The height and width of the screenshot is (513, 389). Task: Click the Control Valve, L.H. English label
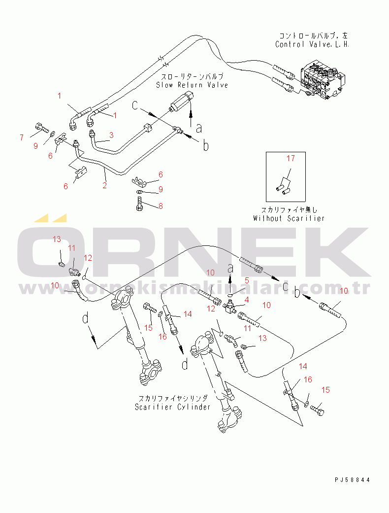click(x=312, y=44)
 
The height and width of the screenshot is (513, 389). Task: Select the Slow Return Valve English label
click(x=192, y=85)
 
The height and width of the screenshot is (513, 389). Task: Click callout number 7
click(x=21, y=137)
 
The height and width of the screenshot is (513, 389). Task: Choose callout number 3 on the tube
click(x=111, y=135)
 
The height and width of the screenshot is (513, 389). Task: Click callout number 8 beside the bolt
click(x=160, y=206)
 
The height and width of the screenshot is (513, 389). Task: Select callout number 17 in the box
click(x=291, y=158)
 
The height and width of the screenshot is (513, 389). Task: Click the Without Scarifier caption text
click(x=289, y=218)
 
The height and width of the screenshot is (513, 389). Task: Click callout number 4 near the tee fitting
click(x=247, y=299)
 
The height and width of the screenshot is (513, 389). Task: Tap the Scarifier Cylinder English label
click(x=173, y=407)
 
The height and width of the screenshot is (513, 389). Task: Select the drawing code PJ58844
click(x=352, y=479)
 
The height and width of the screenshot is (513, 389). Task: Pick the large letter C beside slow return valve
click(x=137, y=105)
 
